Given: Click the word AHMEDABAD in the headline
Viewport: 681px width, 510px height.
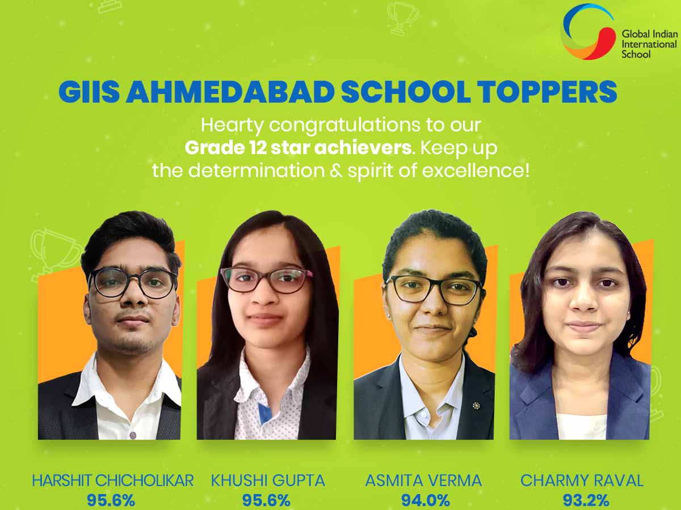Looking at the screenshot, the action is pos(230,92).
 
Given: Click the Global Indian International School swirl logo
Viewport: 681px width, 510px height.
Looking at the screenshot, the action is pos(587,32).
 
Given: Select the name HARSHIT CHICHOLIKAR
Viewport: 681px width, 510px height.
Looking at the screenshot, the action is pos(113,481).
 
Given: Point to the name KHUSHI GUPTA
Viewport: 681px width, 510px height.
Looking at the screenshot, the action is pos(268,481).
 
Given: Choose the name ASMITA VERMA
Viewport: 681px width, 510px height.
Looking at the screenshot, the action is pos(423,481).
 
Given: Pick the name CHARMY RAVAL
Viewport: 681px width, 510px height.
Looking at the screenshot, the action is pos(582,481).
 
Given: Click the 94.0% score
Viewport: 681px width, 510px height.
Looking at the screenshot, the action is pos(426,500).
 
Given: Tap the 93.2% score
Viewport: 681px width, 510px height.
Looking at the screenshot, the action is pos(586,500).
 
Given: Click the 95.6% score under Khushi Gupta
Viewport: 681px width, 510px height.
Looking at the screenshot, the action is pos(266,500).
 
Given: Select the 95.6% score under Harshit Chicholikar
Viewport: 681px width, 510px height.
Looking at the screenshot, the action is pos(111,500).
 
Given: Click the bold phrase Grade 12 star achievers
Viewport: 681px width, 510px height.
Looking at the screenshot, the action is pos(298,148).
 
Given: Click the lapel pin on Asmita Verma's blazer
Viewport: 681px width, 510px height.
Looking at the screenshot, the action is pos(476,405).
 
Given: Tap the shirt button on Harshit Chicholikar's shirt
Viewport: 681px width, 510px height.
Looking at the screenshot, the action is pos(133,435).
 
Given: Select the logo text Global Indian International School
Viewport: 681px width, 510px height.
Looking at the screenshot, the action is pos(649,44).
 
